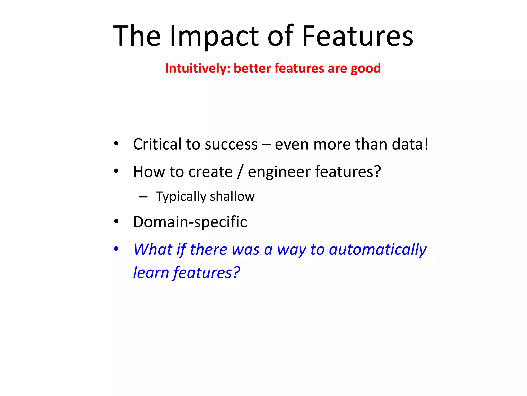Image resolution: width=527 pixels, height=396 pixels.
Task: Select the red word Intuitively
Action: click(197, 69)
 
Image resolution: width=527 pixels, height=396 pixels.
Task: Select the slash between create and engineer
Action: click(240, 172)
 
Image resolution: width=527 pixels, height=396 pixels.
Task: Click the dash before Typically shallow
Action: click(143, 197)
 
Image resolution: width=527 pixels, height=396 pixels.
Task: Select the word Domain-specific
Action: click(190, 222)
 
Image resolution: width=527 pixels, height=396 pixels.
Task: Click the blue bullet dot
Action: click(116, 249)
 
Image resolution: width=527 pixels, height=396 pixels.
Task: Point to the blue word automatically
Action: click(377, 250)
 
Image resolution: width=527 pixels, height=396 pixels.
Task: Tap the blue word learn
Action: click(151, 273)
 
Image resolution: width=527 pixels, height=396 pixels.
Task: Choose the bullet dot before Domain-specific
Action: click(116, 221)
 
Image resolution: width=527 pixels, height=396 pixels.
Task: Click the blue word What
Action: click(153, 249)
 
